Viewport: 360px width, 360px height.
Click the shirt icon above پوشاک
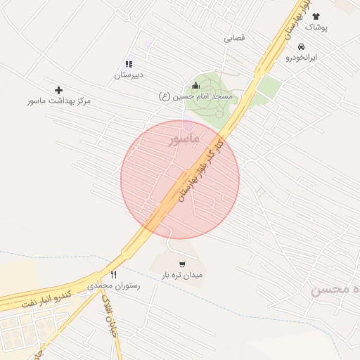pos(315,16)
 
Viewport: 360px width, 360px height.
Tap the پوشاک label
pos(316,27)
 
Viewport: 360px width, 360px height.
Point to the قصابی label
pos(234,38)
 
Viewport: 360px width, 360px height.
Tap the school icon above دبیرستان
pos(129,64)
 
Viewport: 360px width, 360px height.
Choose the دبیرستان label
pos(129,74)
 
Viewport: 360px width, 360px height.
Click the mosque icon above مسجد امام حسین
pos(195,85)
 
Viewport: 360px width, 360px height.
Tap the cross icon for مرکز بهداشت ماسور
pos(58,90)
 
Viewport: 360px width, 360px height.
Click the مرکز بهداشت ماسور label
pos(59,101)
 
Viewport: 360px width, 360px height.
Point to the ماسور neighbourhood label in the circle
pos(184,140)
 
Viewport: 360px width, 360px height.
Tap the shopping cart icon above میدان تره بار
pos(182,264)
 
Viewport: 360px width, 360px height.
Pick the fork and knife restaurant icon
pos(113,274)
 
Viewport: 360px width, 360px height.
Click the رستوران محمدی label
pos(114,286)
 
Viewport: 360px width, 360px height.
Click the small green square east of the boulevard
pos(268,88)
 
